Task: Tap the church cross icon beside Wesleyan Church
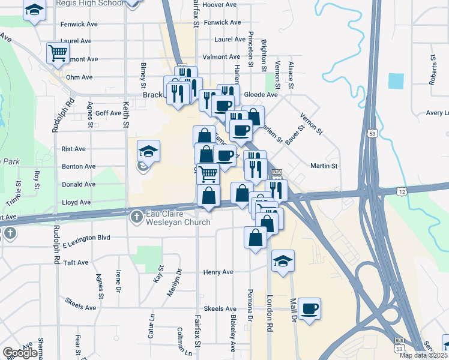click(x=136, y=214)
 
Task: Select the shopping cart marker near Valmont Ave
click(x=58, y=53)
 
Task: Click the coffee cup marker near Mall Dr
click(x=309, y=309)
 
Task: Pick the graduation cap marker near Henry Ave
click(x=283, y=261)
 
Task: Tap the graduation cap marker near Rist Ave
click(x=148, y=151)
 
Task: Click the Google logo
click(x=20, y=353)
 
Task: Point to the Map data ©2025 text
click(x=423, y=355)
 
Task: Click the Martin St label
click(x=324, y=166)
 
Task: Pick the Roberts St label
click(x=432, y=70)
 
